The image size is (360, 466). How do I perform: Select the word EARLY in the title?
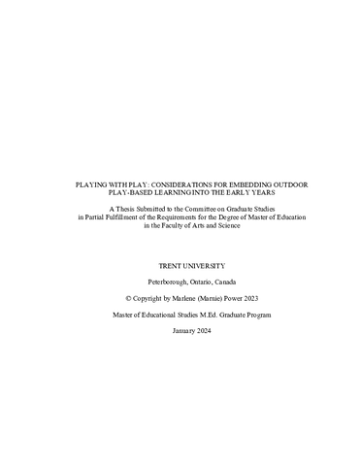(x=238, y=194)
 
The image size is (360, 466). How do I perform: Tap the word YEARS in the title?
(x=264, y=194)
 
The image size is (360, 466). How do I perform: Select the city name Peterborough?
(x=168, y=282)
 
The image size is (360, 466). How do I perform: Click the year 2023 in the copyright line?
(x=252, y=299)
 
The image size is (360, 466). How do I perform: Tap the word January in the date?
(x=183, y=331)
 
